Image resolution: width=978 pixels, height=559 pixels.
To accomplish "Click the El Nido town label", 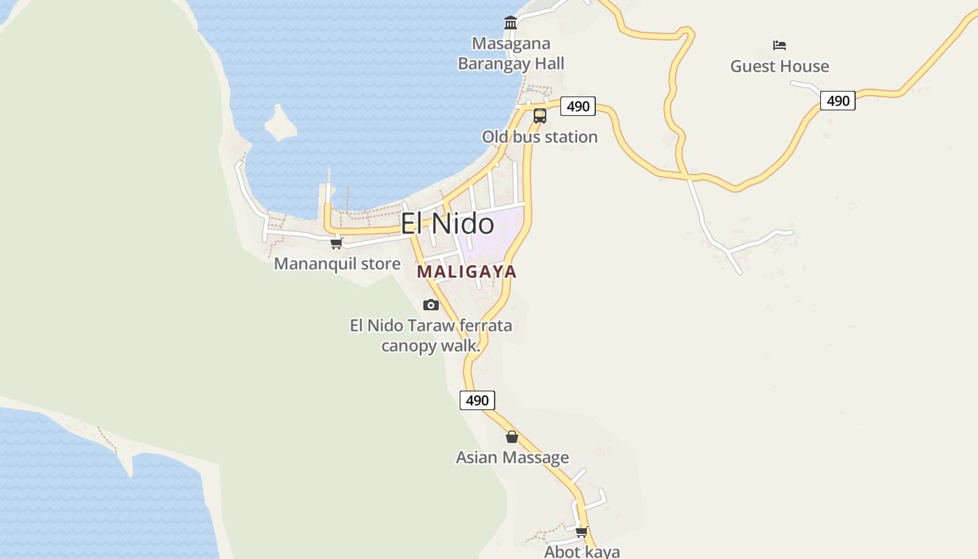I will pos(447,224).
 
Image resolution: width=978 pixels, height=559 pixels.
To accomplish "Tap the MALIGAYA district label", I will pos(467,272).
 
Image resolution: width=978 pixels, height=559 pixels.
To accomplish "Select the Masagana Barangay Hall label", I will pos(511,54).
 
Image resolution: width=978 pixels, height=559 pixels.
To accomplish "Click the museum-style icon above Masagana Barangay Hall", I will pos(511,23).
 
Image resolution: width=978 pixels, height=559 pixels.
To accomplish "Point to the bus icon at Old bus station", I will pos(540,116).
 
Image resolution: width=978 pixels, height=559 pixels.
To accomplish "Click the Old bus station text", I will pos(540,137).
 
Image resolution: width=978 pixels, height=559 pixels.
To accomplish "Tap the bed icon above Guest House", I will pos(780,45).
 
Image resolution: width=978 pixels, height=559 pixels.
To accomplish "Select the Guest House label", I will pos(780,66).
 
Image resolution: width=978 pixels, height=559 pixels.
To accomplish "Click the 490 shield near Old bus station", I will pos(578,106).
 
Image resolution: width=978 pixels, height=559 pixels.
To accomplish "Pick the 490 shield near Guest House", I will pos(838,101).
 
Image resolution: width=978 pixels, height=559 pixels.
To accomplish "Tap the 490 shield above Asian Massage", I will pos(477,400).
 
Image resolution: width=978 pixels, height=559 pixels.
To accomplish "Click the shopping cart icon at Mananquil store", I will pos(337,243).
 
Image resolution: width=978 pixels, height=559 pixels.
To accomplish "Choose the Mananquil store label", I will pos(337,264).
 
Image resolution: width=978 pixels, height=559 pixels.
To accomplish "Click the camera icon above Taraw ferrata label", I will pos(431,305).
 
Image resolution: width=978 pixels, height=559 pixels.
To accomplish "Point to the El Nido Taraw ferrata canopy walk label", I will pos(431,335).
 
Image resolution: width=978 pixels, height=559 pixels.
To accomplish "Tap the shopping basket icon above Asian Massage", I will pos(512,437).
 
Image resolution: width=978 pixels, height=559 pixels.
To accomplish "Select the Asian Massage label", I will pos(512,458).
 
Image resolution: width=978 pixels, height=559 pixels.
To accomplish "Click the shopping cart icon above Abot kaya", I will pos(581,532).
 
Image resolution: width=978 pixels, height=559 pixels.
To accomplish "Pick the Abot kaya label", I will pos(582,551).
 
